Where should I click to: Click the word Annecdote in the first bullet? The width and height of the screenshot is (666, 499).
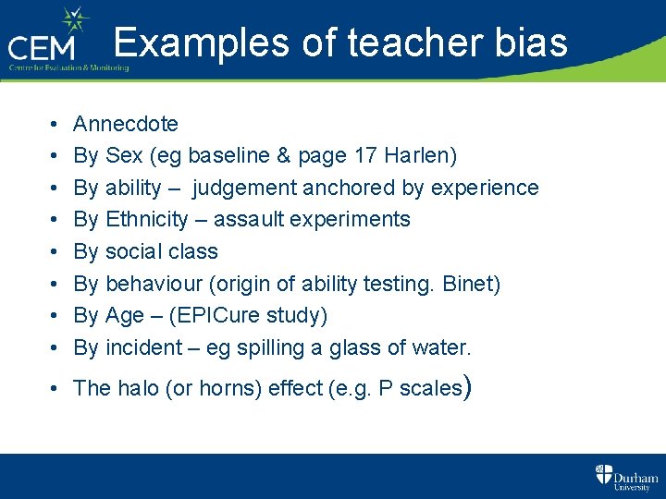(126, 124)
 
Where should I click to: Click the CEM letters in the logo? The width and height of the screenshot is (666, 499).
(47, 47)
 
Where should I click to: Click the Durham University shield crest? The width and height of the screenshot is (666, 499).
(603, 474)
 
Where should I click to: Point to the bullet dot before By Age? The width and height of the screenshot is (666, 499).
(54, 316)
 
